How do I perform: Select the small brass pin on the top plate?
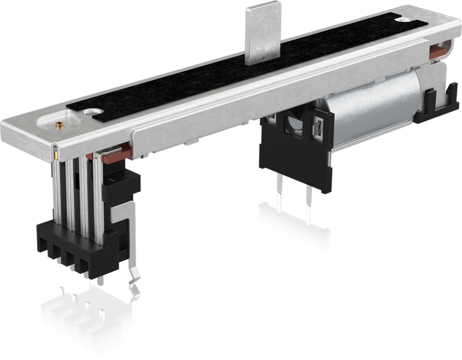click(56, 126)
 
